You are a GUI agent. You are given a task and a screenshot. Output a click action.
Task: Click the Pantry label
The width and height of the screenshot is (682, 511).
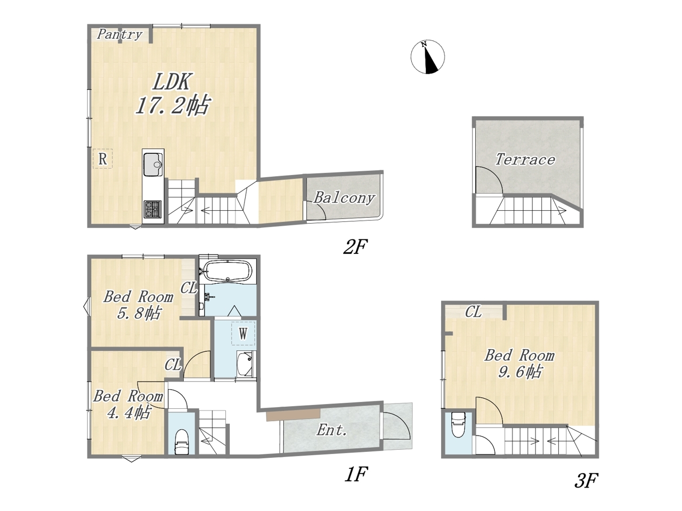coord(120,35)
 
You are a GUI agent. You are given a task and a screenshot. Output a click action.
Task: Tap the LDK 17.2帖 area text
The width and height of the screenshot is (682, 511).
coord(172,94)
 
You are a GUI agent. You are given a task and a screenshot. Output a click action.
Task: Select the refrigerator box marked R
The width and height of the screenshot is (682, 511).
coord(102,159)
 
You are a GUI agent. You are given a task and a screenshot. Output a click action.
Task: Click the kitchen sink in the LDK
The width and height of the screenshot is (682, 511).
coord(153,165)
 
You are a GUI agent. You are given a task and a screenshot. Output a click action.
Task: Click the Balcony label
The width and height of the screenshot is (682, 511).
coord(344,198)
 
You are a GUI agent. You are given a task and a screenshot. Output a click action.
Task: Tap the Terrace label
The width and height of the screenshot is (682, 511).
coord(525,160)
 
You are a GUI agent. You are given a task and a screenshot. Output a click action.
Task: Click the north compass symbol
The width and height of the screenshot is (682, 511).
coord(427,57)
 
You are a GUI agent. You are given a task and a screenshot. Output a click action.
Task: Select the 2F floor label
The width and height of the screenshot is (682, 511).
coord(355,247)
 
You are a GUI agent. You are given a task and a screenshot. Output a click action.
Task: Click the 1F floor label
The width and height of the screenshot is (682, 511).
coord(356,474)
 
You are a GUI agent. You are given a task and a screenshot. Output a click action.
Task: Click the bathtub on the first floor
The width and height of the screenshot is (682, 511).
coord(227,271)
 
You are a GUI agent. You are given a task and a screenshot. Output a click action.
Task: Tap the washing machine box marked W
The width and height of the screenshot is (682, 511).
coord(243,333)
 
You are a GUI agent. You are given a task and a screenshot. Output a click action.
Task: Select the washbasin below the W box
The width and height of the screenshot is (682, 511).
coord(245,364)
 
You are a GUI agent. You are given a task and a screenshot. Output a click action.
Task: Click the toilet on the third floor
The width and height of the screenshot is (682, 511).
coord(458,424)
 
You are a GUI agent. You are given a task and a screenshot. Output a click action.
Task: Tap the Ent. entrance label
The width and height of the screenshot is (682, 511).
coord(332,430)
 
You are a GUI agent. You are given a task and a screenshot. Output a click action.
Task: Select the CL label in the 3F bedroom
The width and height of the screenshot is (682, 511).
coord(474,312)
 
